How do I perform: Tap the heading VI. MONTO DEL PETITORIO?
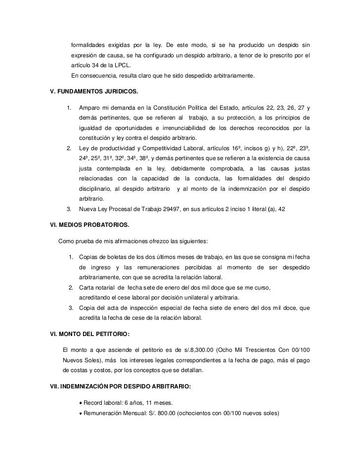pos(87,334)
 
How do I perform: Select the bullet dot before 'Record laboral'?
pos(81,402)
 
